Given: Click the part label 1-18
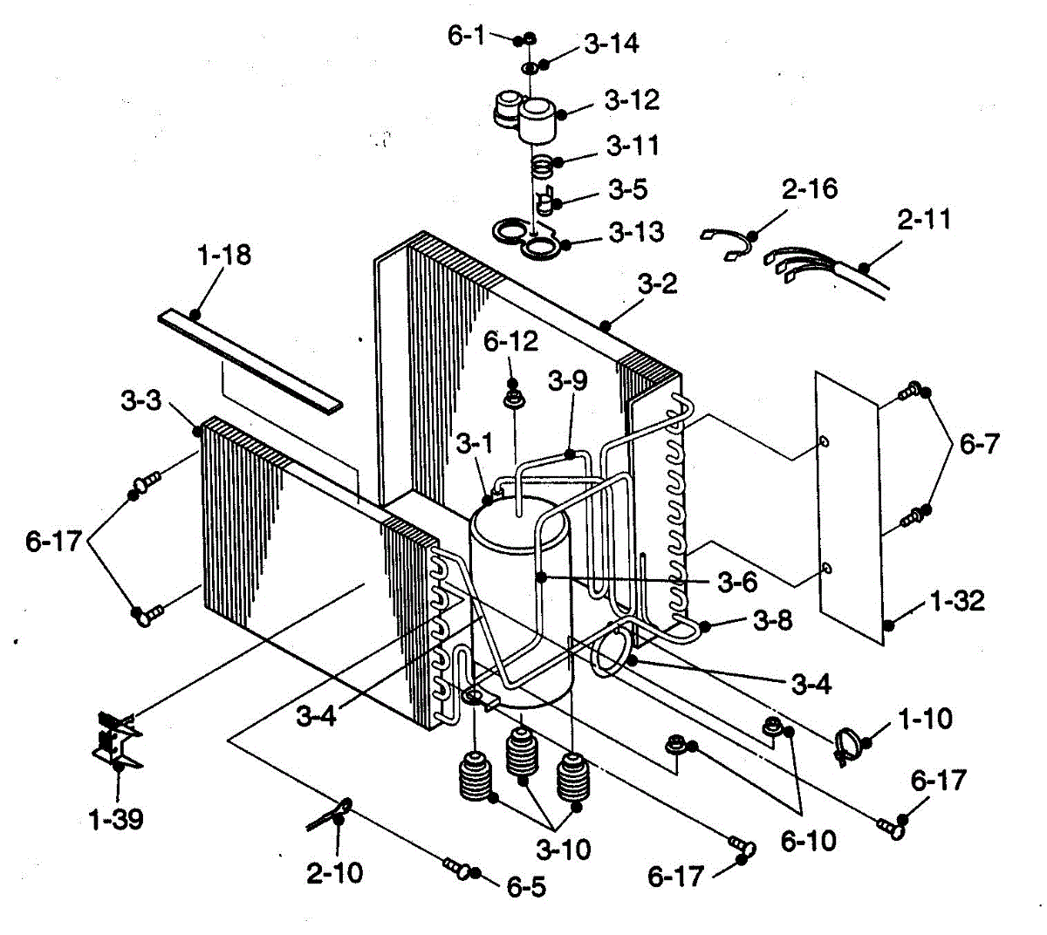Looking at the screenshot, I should click(x=224, y=255).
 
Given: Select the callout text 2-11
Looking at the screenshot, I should click(x=925, y=219).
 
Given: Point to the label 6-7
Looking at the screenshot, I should click(x=979, y=444).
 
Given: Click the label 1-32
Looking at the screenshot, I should click(x=957, y=601).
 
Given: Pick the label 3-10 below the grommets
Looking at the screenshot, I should click(x=564, y=849).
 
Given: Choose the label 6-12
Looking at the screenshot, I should click(x=511, y=341).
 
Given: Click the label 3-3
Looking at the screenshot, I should click(x=141, y=402).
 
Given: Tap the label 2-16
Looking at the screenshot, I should click(x=809, y=189).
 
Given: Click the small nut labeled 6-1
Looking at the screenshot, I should click(x=528, y=39).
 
